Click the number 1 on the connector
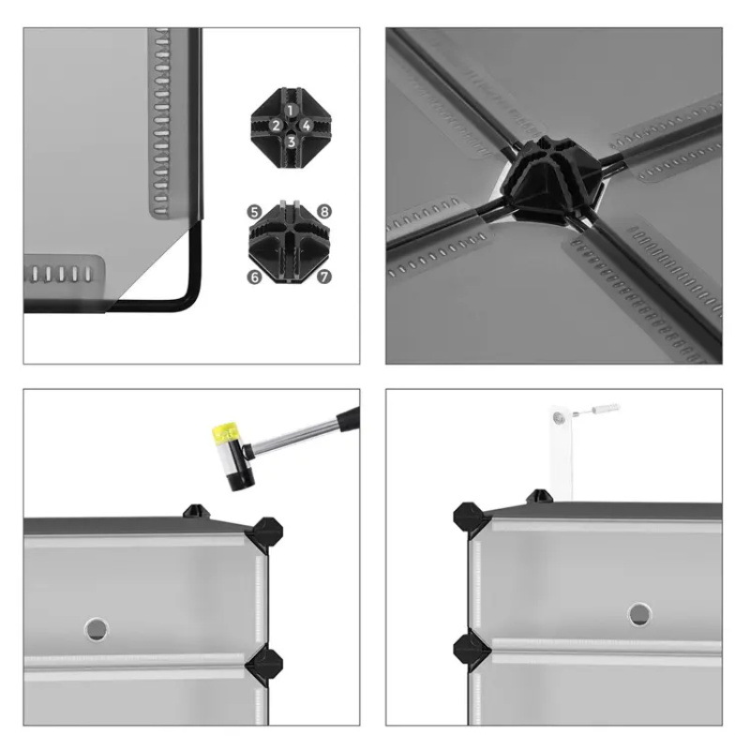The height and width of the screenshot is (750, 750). coord(291,111)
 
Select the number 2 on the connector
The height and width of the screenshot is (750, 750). coord(276,126)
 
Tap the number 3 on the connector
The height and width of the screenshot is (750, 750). coord(291,142)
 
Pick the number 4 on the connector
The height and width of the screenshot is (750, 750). coord(307,126)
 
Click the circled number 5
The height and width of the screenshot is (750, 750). coord(254,212)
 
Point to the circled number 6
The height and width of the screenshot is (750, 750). coord(254,277)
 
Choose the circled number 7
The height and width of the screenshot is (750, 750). coord(324,277)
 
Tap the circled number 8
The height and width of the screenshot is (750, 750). coord(324,212)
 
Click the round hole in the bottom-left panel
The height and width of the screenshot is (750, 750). coord(97,628)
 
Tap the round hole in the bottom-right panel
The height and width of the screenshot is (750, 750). coord(639,614)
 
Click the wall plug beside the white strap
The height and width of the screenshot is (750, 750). coord(604,409)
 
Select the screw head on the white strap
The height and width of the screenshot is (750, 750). coord(557,418)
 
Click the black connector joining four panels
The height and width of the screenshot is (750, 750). coord(551,180)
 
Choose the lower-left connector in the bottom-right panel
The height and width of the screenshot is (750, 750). coord(472,649)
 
